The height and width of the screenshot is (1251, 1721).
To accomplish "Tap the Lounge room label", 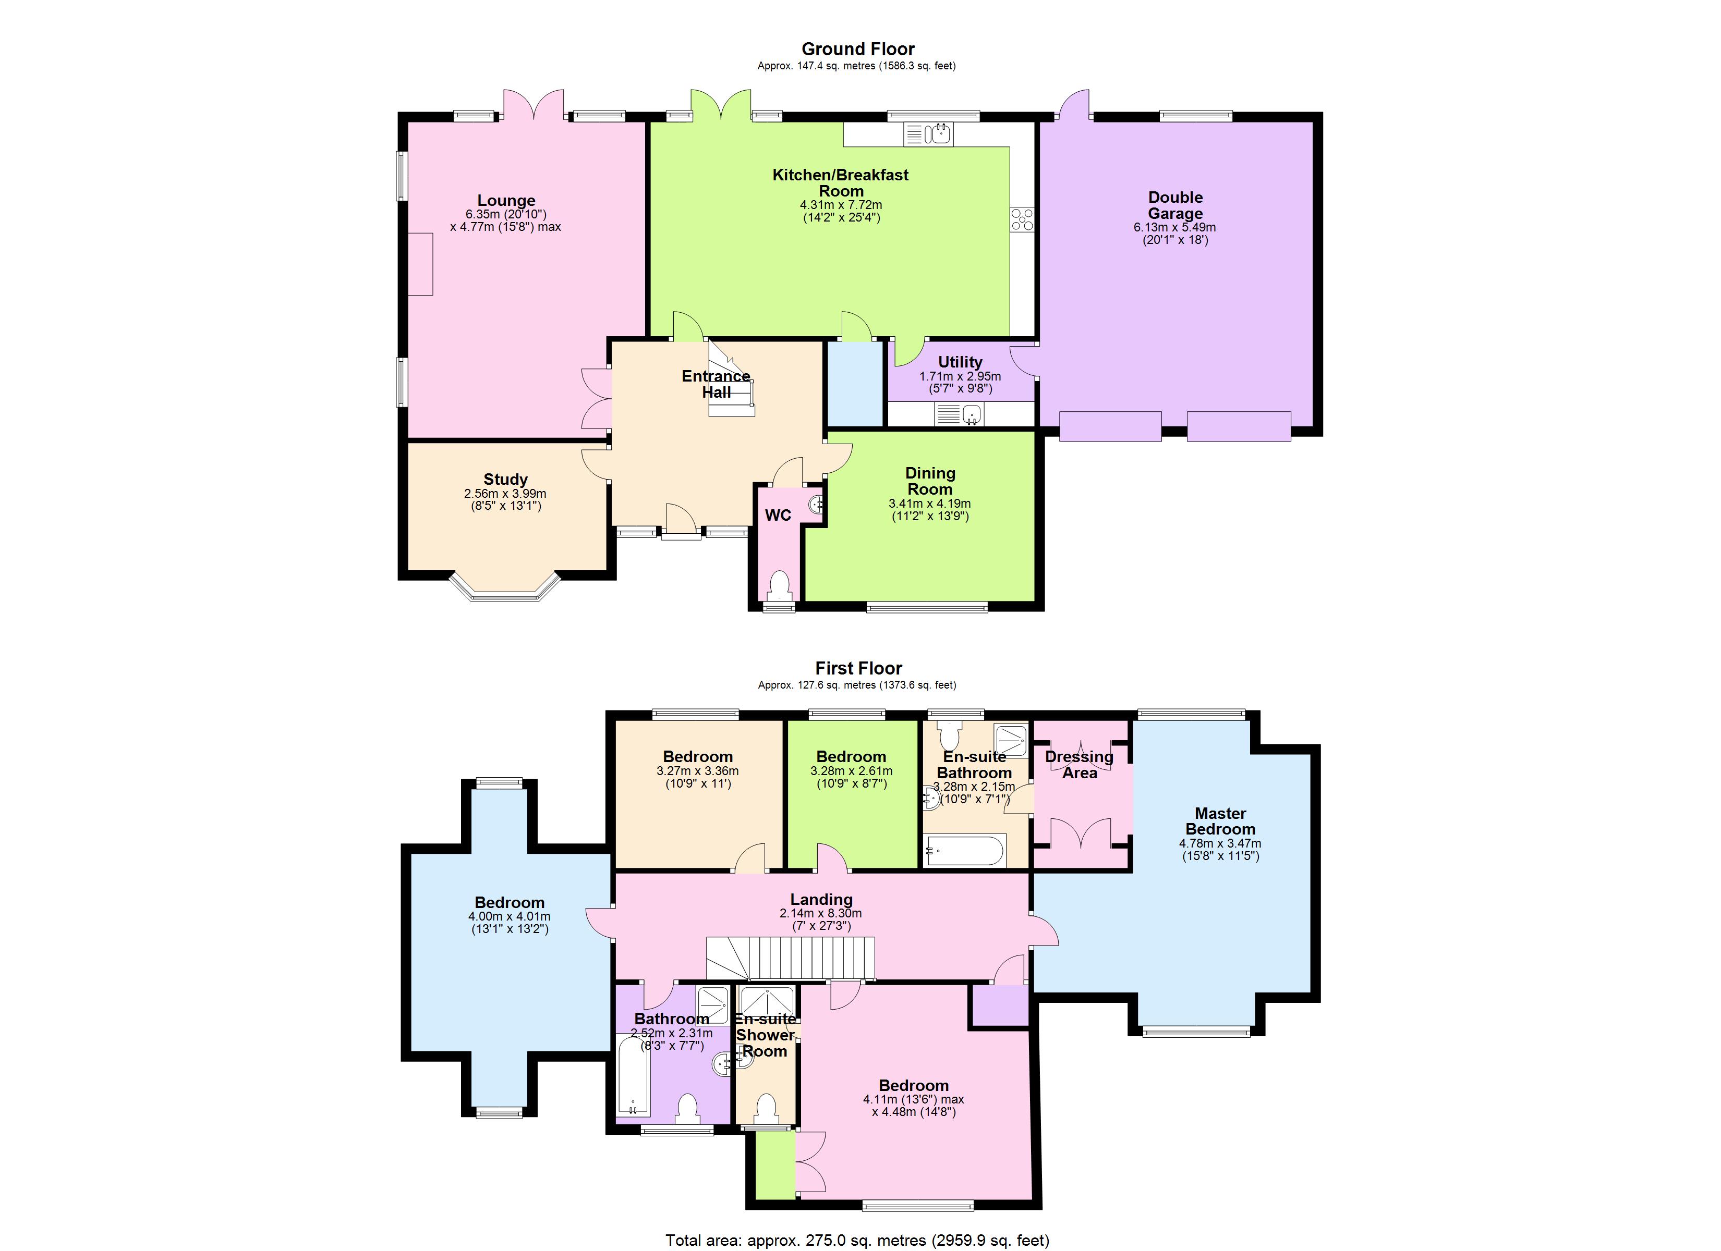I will coord(506,200).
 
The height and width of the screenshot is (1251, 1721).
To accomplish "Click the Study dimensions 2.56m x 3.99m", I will coord(505,494).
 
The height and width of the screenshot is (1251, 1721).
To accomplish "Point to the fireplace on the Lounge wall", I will coord(420,264).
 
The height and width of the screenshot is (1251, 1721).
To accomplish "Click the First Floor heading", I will coord(858,668).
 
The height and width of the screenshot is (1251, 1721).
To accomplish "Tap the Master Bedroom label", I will coord(1220,821).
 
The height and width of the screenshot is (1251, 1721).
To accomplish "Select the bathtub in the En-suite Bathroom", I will coord(964,851).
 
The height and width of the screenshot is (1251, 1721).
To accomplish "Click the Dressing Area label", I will coord(1079,765).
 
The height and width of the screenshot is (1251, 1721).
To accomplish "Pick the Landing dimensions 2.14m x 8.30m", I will coord(820,913).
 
